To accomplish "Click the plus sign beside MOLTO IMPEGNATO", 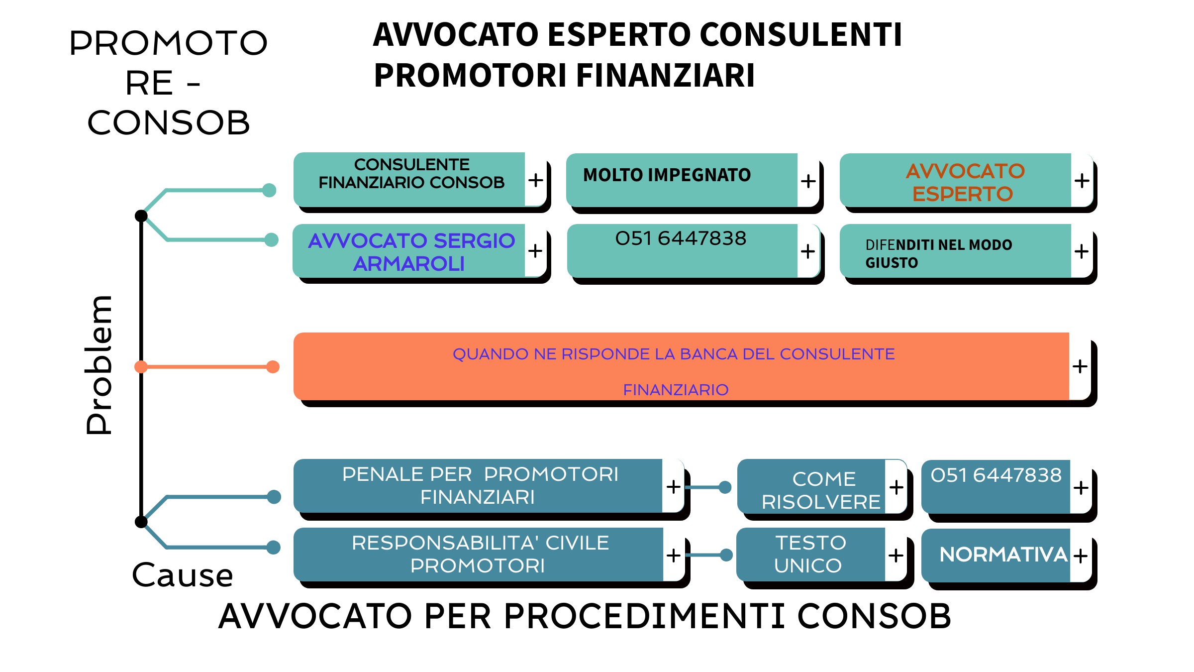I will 808,181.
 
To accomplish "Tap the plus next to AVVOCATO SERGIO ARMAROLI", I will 535,250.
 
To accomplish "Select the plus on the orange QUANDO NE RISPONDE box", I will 1080,366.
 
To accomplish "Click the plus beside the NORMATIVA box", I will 1080,556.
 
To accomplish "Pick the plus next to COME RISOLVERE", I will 896,487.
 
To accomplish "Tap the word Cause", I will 183,575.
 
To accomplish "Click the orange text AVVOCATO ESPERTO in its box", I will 964,182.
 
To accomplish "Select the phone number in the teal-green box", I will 681,238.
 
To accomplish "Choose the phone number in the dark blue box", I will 996,475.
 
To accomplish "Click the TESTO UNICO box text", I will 809,554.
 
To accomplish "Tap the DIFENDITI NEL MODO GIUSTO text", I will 938,253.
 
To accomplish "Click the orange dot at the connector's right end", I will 273,367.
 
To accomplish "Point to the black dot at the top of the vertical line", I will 141,216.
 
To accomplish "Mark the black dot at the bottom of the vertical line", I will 141,522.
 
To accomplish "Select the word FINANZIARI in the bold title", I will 665,76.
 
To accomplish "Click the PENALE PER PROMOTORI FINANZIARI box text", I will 480,485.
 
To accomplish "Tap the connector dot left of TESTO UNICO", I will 726,555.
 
